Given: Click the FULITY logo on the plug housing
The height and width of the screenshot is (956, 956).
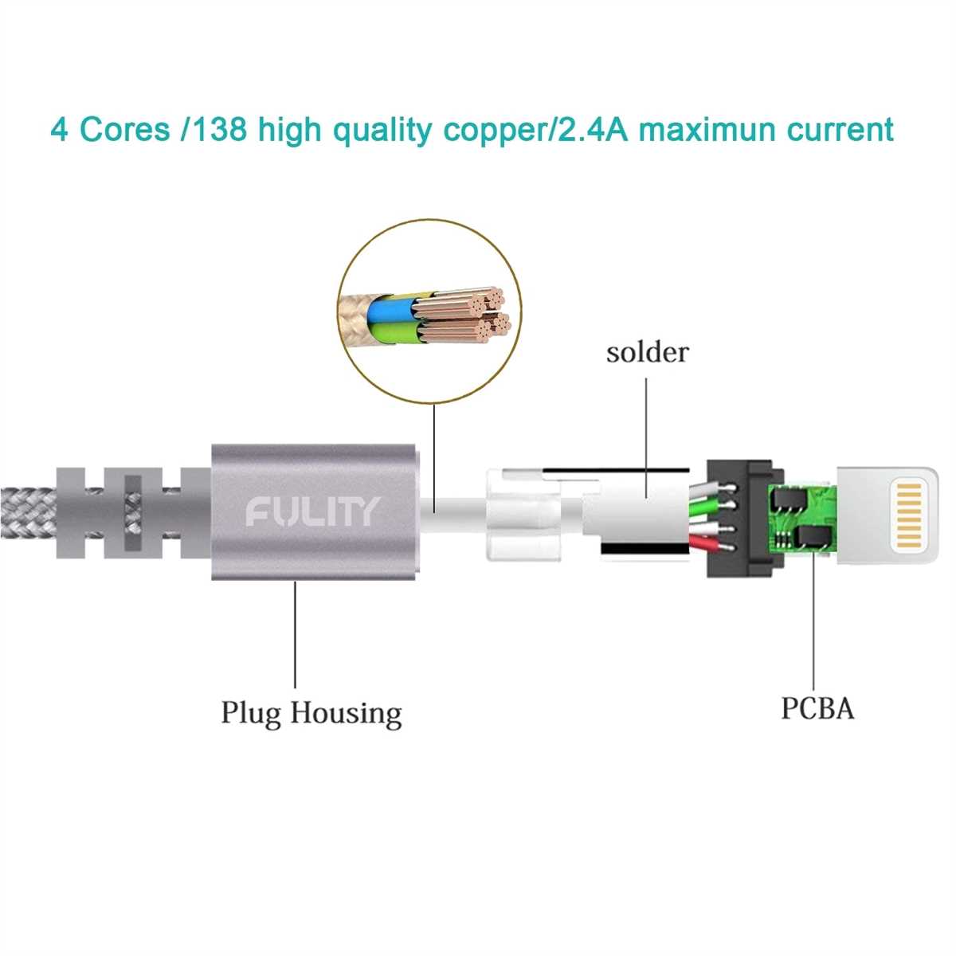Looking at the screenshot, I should [312, 511].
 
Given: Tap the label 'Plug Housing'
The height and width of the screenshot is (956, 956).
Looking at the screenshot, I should [311, 712].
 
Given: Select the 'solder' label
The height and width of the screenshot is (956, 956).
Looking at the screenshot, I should [647, 351].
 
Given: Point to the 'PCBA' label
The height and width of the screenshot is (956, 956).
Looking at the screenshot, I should [817, 707].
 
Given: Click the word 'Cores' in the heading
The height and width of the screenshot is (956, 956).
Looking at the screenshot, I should [125, 129].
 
